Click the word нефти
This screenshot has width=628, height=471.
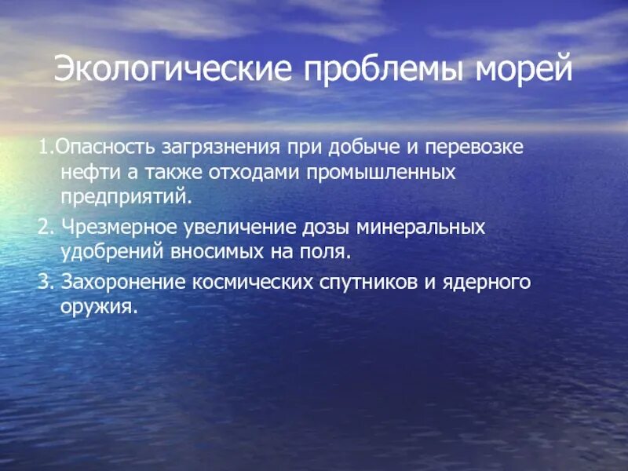(x=84, y=172)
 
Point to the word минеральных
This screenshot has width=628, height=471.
(x=422, y=228)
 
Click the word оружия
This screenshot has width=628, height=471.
(x=99, y=308)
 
